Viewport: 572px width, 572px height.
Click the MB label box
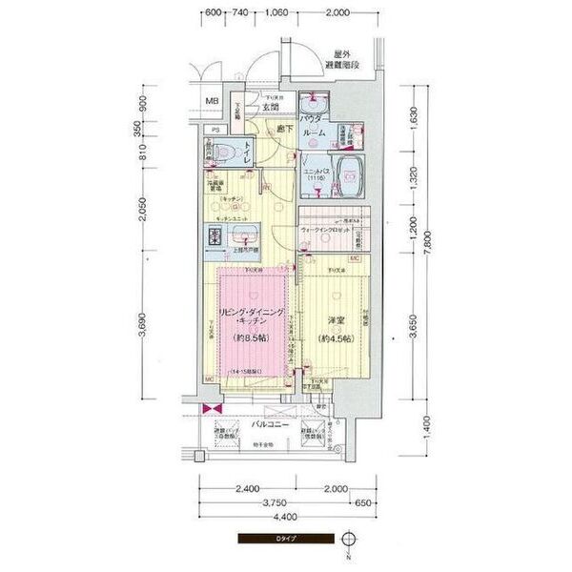click(212, 102)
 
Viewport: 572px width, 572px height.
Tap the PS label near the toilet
click(215, 130)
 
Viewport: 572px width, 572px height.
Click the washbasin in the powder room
click(311, 103)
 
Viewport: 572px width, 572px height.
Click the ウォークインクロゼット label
click(325, 231)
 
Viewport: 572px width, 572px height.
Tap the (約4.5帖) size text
click(333, 338)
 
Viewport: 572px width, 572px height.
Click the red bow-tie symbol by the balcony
click(207, 409)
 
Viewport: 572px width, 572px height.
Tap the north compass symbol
click(351, 541)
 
